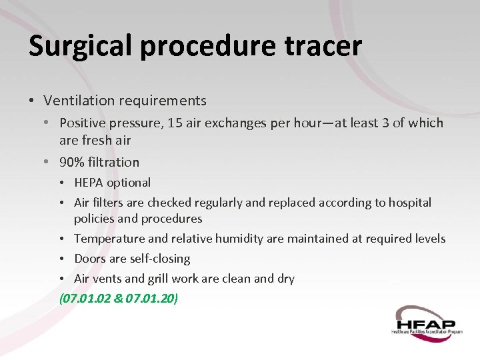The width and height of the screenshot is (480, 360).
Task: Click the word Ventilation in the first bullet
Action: [x=75, y=101]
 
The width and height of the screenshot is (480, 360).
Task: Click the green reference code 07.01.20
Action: [x=149, y=298]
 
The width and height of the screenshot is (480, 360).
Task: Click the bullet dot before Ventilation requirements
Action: [x=31, y=101]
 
